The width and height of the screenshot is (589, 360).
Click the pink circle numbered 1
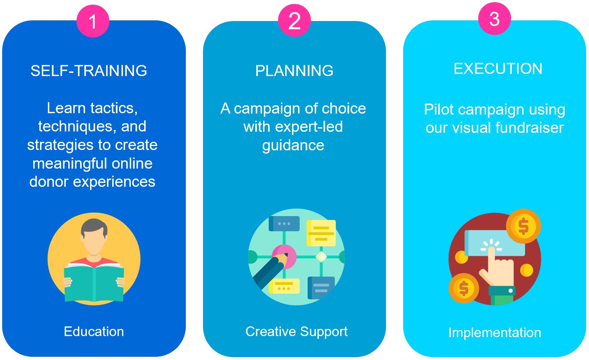tap(93, 21)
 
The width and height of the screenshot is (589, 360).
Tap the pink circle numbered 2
tap(294, 21)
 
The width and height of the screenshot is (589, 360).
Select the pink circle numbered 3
tap(494, 19)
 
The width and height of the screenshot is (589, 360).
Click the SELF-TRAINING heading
tap(89, 71)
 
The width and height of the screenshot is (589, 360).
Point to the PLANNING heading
tap(294, 71)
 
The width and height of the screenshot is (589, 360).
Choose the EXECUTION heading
tap(498, 69)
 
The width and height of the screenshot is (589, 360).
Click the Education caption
tap(94, 331)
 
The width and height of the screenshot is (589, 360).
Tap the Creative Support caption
tap(296, 331)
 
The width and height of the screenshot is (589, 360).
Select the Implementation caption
tap(495, 332)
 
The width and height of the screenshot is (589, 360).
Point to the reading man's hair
tap(94, 227)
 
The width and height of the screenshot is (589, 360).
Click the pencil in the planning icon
tap(270, 271)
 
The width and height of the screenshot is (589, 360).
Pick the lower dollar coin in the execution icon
tap(464, 288)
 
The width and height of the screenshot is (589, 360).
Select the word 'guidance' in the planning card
tap(293, 145)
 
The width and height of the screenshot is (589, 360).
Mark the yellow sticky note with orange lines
tap(321, 233)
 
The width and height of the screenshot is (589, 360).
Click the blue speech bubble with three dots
tap(284, 224)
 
